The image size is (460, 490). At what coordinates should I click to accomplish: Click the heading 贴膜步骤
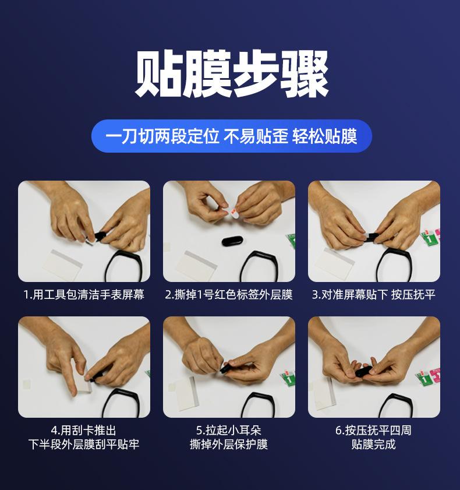[x=231, y=74]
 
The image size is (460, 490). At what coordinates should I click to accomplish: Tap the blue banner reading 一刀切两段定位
[x=231, y=136]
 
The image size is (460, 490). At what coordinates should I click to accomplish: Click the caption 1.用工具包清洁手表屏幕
[x=84, y=294]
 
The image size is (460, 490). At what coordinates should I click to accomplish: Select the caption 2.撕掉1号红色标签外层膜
[x=229, y=294]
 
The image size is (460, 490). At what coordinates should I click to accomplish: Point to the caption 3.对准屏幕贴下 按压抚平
[x=373, y=294]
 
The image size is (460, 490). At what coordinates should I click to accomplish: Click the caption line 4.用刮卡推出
[x=84, y=431]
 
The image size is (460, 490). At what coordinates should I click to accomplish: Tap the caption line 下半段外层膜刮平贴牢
[x=84, y=444]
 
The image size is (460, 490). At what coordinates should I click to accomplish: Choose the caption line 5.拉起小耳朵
[x=229, y=431]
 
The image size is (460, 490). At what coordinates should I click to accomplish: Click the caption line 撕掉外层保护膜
[x=229, y=444]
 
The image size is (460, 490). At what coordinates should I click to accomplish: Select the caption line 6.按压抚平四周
[x=373, y=431]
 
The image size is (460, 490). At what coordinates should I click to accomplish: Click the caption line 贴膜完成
[x=373, y=444]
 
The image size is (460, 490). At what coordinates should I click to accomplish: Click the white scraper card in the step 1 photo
[x=62, y=265]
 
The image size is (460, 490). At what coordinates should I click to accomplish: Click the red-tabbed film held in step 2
[x=233, y=213]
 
